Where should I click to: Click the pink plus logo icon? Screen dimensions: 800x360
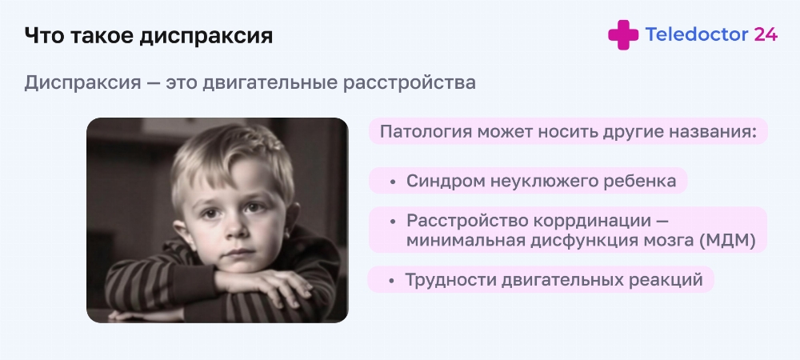[623, 34]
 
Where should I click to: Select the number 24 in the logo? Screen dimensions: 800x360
[766, 34]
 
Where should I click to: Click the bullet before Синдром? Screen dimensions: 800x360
[392, 182]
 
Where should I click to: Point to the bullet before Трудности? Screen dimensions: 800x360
[391, 281]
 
